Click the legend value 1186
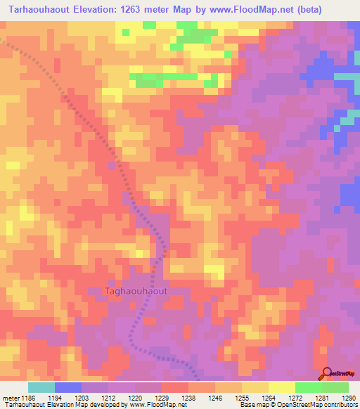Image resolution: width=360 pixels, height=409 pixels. pos(27,397)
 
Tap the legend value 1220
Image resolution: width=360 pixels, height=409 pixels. pos(136,397)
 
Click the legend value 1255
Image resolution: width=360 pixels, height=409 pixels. pos(240,397)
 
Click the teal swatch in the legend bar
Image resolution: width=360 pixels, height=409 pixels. pos(41,387)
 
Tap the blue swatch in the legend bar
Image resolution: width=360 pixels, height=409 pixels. pos(68,387)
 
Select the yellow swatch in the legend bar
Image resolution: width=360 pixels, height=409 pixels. pos(282,387)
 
